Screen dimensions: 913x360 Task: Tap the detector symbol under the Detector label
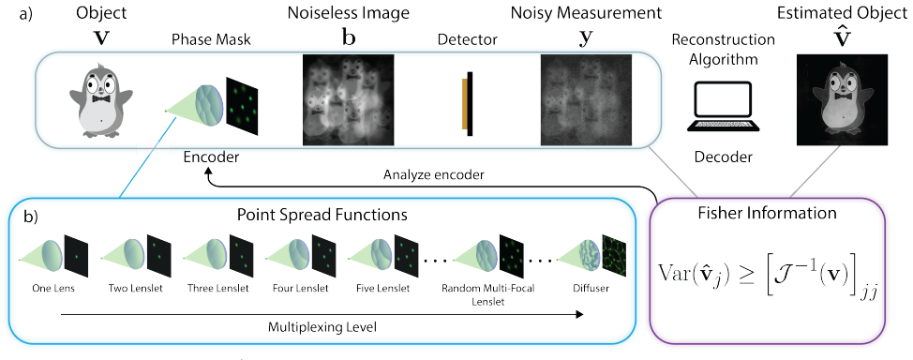(467, 104)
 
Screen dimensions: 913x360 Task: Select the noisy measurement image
(587, 99)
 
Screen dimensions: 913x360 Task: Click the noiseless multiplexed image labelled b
(349, 99)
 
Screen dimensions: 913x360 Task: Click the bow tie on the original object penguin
(101, 98)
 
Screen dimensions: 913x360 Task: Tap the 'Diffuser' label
(591, 287)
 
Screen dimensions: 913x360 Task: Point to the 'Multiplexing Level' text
(322, 327)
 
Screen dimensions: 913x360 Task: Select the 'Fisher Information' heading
(768, 213)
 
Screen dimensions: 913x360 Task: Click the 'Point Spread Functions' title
(322, 215)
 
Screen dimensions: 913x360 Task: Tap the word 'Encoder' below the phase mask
(211, 157)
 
